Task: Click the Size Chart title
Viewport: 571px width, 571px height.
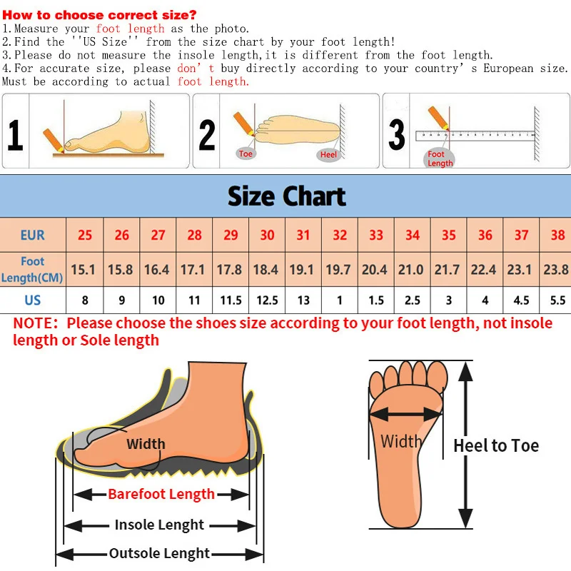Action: [x=286, y=196]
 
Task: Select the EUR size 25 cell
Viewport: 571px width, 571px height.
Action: [x=85, y=235]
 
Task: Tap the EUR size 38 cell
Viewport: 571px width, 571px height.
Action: [x=557, y=235]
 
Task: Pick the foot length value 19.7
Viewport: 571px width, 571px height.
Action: [x=338, y=269]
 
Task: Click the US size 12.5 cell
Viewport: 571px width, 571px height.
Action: [x=267, y=300]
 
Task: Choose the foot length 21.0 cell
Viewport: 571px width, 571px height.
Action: [x=411, y=269]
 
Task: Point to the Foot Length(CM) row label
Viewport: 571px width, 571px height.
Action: [x=32, y=269]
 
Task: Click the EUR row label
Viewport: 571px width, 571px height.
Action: [x=32, y=235]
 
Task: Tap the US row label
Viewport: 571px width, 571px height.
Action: [x=32, y=300]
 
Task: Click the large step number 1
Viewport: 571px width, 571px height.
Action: [x=15, y=135]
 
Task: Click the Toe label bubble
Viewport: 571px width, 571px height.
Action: [x=246, y=153]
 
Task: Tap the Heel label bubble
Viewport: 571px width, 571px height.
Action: [x=328, y=155]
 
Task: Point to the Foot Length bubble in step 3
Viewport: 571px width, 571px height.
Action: [x=440, y=158]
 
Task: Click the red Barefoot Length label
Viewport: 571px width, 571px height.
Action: [x=161, y=494]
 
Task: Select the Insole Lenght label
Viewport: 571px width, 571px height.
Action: [x=160, y=525]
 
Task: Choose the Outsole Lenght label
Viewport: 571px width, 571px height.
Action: [x=160, y=553]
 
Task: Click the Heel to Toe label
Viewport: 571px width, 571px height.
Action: [x=496, y=446]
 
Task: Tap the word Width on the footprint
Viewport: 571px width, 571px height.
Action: [x=400, y=441]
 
